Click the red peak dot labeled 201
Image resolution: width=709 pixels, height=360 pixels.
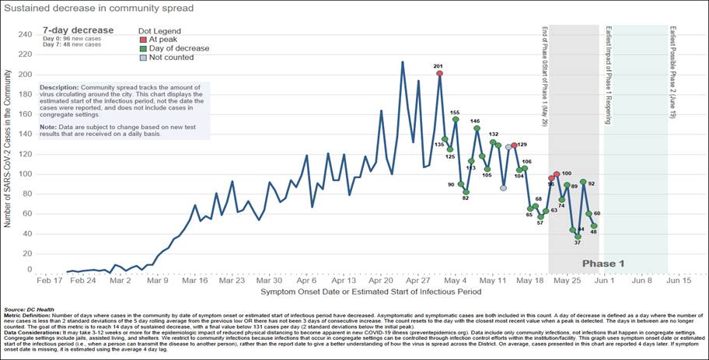[x=440, y=73]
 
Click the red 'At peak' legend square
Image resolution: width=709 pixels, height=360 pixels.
[x=142, y=38]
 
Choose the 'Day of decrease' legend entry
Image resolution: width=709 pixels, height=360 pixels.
[x=174, y=48]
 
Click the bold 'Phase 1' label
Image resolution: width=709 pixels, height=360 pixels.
[x=603, y=264]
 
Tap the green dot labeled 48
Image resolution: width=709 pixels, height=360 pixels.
[x=594, y=226]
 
